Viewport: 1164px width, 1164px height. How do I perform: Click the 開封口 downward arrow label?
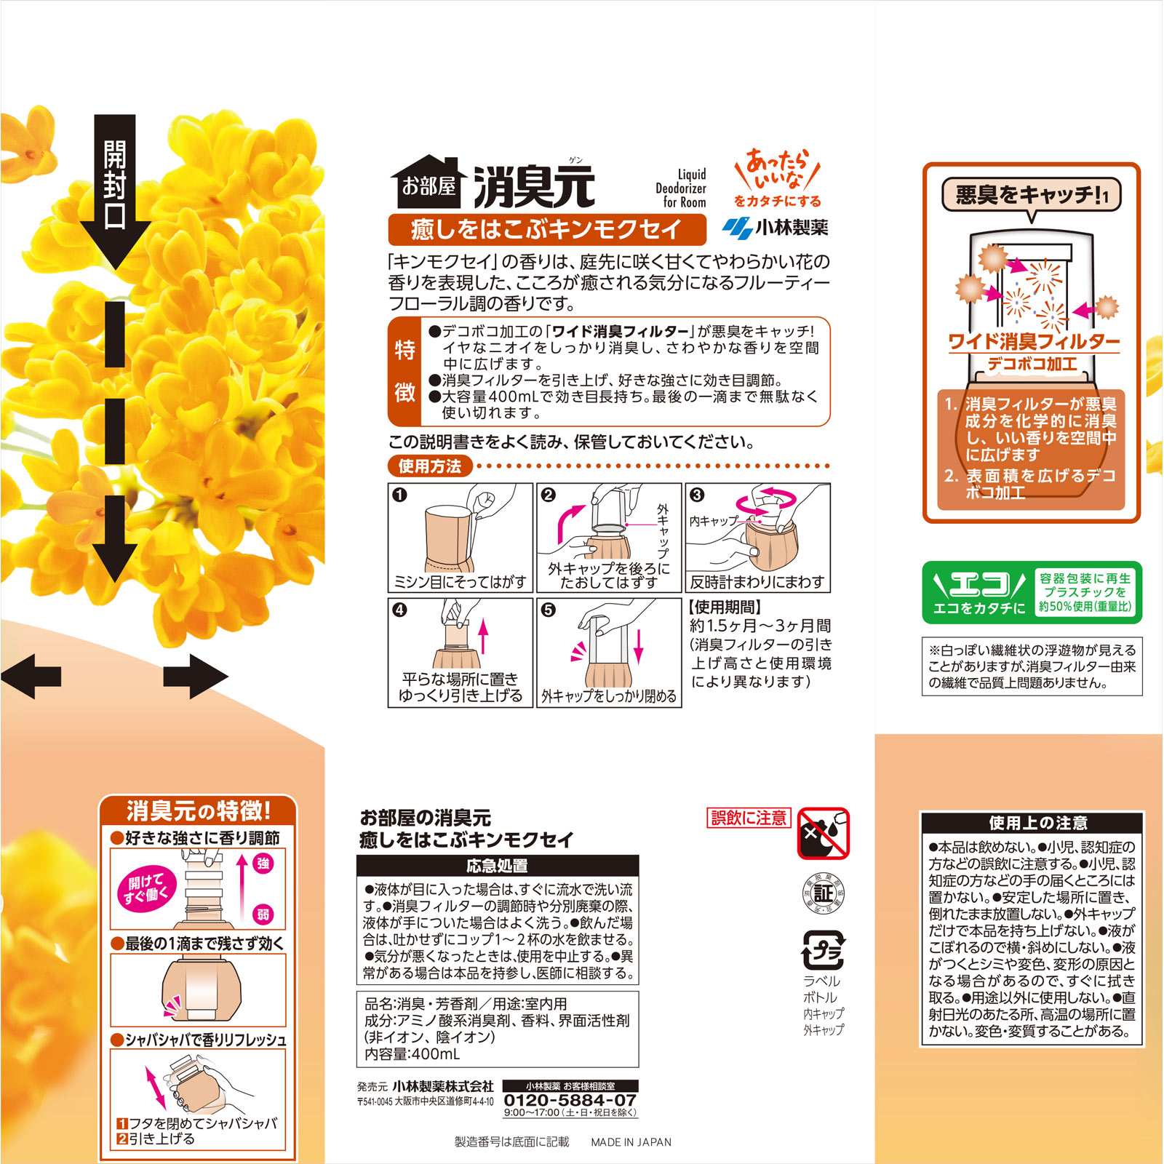point(115,186)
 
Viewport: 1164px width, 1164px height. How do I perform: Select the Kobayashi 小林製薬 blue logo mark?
point(737,228)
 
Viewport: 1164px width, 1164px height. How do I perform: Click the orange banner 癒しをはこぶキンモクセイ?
point(546,230)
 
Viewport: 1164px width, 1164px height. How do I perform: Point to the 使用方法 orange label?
point(429,466)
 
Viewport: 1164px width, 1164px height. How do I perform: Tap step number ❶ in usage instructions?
point(399,495)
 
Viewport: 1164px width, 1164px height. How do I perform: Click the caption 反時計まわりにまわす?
point(757,582)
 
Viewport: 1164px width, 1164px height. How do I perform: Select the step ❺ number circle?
point(549,610)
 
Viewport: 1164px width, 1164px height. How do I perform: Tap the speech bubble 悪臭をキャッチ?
point(1031,195)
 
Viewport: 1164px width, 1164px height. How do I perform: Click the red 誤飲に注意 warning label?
point(749,818)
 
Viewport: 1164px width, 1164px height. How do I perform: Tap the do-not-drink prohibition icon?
point(823,833)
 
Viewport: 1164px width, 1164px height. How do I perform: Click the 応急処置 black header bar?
point(498,866)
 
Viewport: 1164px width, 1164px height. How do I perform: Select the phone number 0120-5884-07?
point(570,1100)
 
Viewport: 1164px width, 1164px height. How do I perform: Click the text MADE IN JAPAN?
point(631,1142)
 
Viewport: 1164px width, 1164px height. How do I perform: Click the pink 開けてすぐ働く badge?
point(147,888)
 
